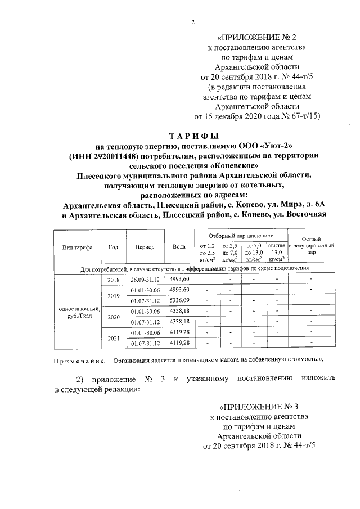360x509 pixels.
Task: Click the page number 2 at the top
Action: (192, 22)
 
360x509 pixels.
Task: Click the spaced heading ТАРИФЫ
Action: (193, 136)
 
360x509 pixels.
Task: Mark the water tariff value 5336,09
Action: (179, 299)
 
